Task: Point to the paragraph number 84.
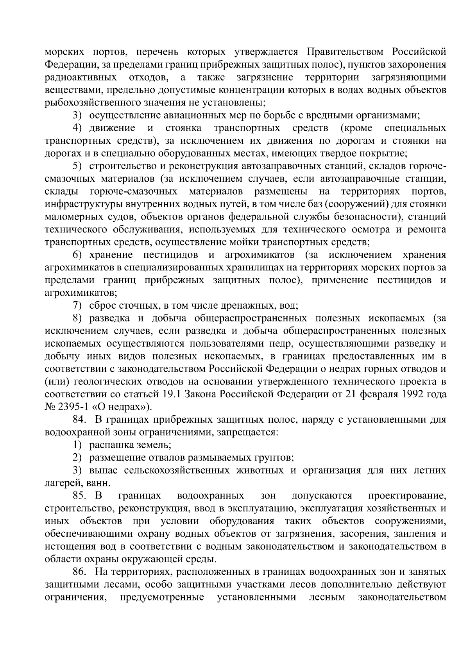point(79,420)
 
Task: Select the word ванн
point(95,484)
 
